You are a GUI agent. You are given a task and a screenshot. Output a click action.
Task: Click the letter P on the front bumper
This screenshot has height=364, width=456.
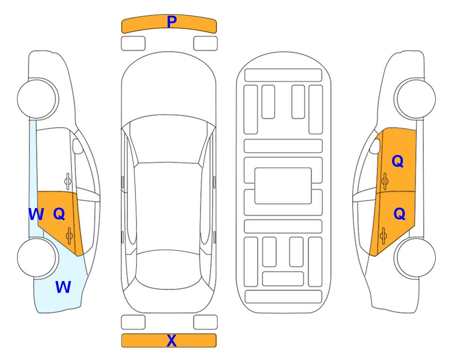click(x=172, y=22)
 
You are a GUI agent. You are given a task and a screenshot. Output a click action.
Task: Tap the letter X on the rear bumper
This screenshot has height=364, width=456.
click(x=171, y=340)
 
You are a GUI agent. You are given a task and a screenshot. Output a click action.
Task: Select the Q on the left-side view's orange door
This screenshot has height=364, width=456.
click(x=59, y=214)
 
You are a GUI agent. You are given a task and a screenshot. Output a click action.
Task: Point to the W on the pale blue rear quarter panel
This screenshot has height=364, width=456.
click(x=63, y=287)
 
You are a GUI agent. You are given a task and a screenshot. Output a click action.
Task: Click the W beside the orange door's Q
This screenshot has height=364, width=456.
click(x=36, y=214)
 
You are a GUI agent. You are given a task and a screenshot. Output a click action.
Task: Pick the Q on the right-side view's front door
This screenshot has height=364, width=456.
click(x=398, y=161)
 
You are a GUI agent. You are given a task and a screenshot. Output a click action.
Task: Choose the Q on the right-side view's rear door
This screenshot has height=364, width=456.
click(x=399, y=214)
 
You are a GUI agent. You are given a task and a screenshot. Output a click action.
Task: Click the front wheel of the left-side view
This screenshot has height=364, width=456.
click(x=37, y=99)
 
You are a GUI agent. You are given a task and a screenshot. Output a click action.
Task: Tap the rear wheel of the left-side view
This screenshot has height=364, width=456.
click(x=36, y=257)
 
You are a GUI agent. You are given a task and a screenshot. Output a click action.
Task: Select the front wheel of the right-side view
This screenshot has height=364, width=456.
click(x=415, y=99)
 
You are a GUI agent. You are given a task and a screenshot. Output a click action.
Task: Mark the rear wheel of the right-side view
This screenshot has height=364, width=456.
click(x=416, y=257)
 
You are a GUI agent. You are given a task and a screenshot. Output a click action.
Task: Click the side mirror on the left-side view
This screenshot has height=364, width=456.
click(x=78, y=146)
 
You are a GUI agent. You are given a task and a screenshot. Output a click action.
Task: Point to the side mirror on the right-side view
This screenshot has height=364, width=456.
click(x=375, y=146)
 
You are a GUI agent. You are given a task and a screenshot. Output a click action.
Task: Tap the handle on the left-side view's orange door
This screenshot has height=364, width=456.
click(x=69, y=236)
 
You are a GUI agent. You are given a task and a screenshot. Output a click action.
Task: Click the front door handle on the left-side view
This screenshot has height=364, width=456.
click(x=68, y=181)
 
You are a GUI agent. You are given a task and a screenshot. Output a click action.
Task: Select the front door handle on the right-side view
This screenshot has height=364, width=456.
click(x=385, y=181)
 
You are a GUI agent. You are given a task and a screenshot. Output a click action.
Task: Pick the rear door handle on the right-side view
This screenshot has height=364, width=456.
click(x=384, y=236)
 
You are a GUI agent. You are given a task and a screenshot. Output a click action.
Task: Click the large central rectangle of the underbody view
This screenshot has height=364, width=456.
click(x=283, y=186)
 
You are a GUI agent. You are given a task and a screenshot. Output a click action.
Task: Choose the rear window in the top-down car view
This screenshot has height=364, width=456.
click(x=169, y=269)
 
